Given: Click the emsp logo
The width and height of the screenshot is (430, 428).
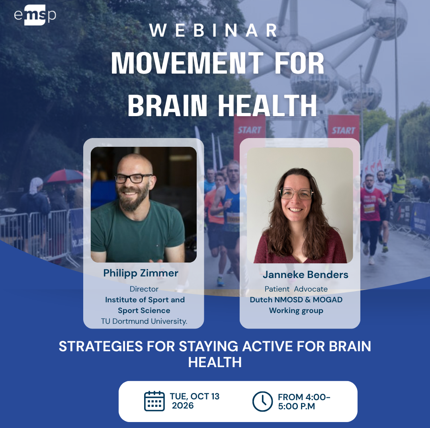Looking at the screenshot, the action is pos(35,16).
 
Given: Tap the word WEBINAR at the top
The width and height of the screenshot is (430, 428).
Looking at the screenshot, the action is pos(214,30).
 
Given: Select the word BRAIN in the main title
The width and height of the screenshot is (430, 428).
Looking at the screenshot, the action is pos(167,105).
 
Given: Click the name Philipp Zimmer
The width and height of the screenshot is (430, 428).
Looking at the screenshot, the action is pos(141,273).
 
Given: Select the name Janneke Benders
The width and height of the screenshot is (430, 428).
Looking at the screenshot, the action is pos(305,274).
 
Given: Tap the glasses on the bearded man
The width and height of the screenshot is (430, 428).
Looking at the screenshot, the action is pos(133,178).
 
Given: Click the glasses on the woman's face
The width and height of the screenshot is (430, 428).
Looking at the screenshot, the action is pos(296,194).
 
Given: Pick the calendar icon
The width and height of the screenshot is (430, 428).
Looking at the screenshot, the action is pos(154,401).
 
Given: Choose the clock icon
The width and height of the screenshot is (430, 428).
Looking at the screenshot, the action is pos(262,401).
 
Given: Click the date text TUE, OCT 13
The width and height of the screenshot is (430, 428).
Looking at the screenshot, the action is pos(195,396).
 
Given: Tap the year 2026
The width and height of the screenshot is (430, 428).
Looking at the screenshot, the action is pos(183,406).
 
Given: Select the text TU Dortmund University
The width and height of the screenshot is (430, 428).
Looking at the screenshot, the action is pos(144,321).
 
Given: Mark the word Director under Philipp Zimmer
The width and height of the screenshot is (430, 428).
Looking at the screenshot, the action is pos(144,289).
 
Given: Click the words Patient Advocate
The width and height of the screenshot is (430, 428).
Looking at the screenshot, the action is pos(296,289).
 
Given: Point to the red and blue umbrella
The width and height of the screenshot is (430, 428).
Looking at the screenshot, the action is pos(64,176).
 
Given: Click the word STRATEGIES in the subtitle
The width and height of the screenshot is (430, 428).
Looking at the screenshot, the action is pos(100,346).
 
